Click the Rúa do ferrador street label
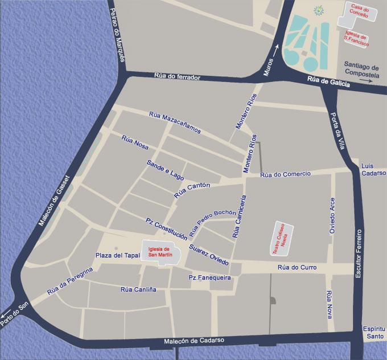coord(177,77)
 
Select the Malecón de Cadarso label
coord(194,340)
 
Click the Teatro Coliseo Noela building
coord(283,238)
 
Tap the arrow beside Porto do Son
coord(6,313)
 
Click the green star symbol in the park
coord(319,10)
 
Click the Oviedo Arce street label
coord(333,216)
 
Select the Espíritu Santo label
coord(374,333)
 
